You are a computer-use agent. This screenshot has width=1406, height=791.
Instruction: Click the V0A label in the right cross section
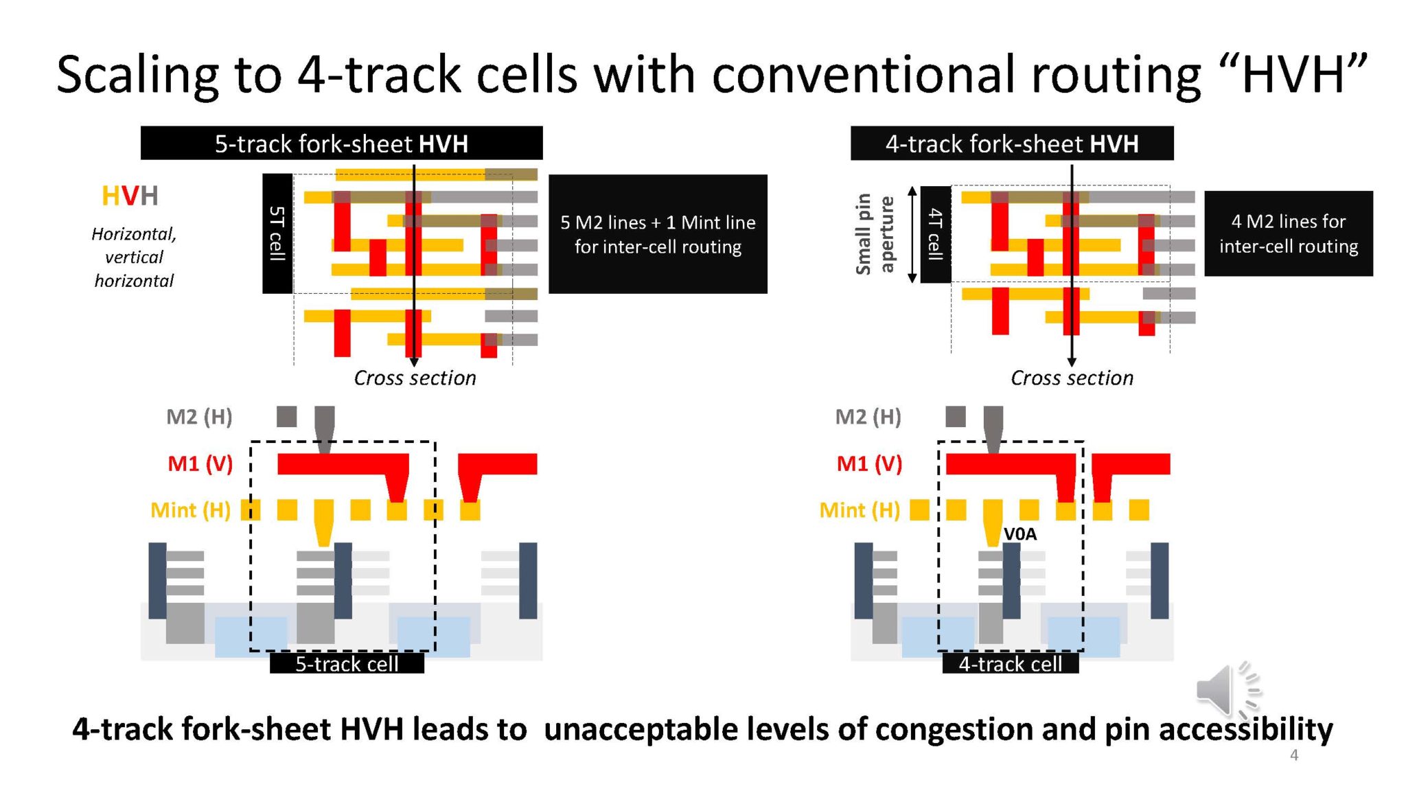(x=1019, y=534)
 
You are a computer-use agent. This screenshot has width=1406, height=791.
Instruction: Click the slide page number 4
(x=1293, y=755)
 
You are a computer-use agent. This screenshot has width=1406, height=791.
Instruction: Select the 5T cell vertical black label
(x=277, y=233)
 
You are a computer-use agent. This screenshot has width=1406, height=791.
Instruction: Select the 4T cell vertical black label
(x=935, y=234)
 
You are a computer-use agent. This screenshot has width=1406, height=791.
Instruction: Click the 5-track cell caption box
(x=347, y=664)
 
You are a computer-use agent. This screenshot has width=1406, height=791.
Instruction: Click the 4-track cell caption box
(x=1010, y=664)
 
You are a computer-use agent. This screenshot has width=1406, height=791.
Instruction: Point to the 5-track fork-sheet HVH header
(x=341, y=144)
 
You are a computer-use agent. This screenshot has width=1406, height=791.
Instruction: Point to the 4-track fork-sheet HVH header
(x=1011, y=144)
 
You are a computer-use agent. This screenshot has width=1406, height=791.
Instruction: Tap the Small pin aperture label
(x=874, y=234)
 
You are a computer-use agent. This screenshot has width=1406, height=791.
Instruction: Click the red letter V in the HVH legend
(x=130, y=196)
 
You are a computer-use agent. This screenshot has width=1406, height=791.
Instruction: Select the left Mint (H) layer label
(x=190, y=510)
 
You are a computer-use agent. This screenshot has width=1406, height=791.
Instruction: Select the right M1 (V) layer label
(x=868, y=464)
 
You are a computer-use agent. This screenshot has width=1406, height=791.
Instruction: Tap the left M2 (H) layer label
(x=199, y=417)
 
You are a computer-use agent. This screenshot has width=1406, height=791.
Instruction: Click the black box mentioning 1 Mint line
(x=657, y=234)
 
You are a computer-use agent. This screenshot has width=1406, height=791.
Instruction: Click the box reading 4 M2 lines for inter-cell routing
(x=1288, y=234)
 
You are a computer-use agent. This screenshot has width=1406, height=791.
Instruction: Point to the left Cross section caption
(x=415, y=378)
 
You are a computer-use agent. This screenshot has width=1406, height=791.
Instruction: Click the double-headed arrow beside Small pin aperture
(x=912, y=234)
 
